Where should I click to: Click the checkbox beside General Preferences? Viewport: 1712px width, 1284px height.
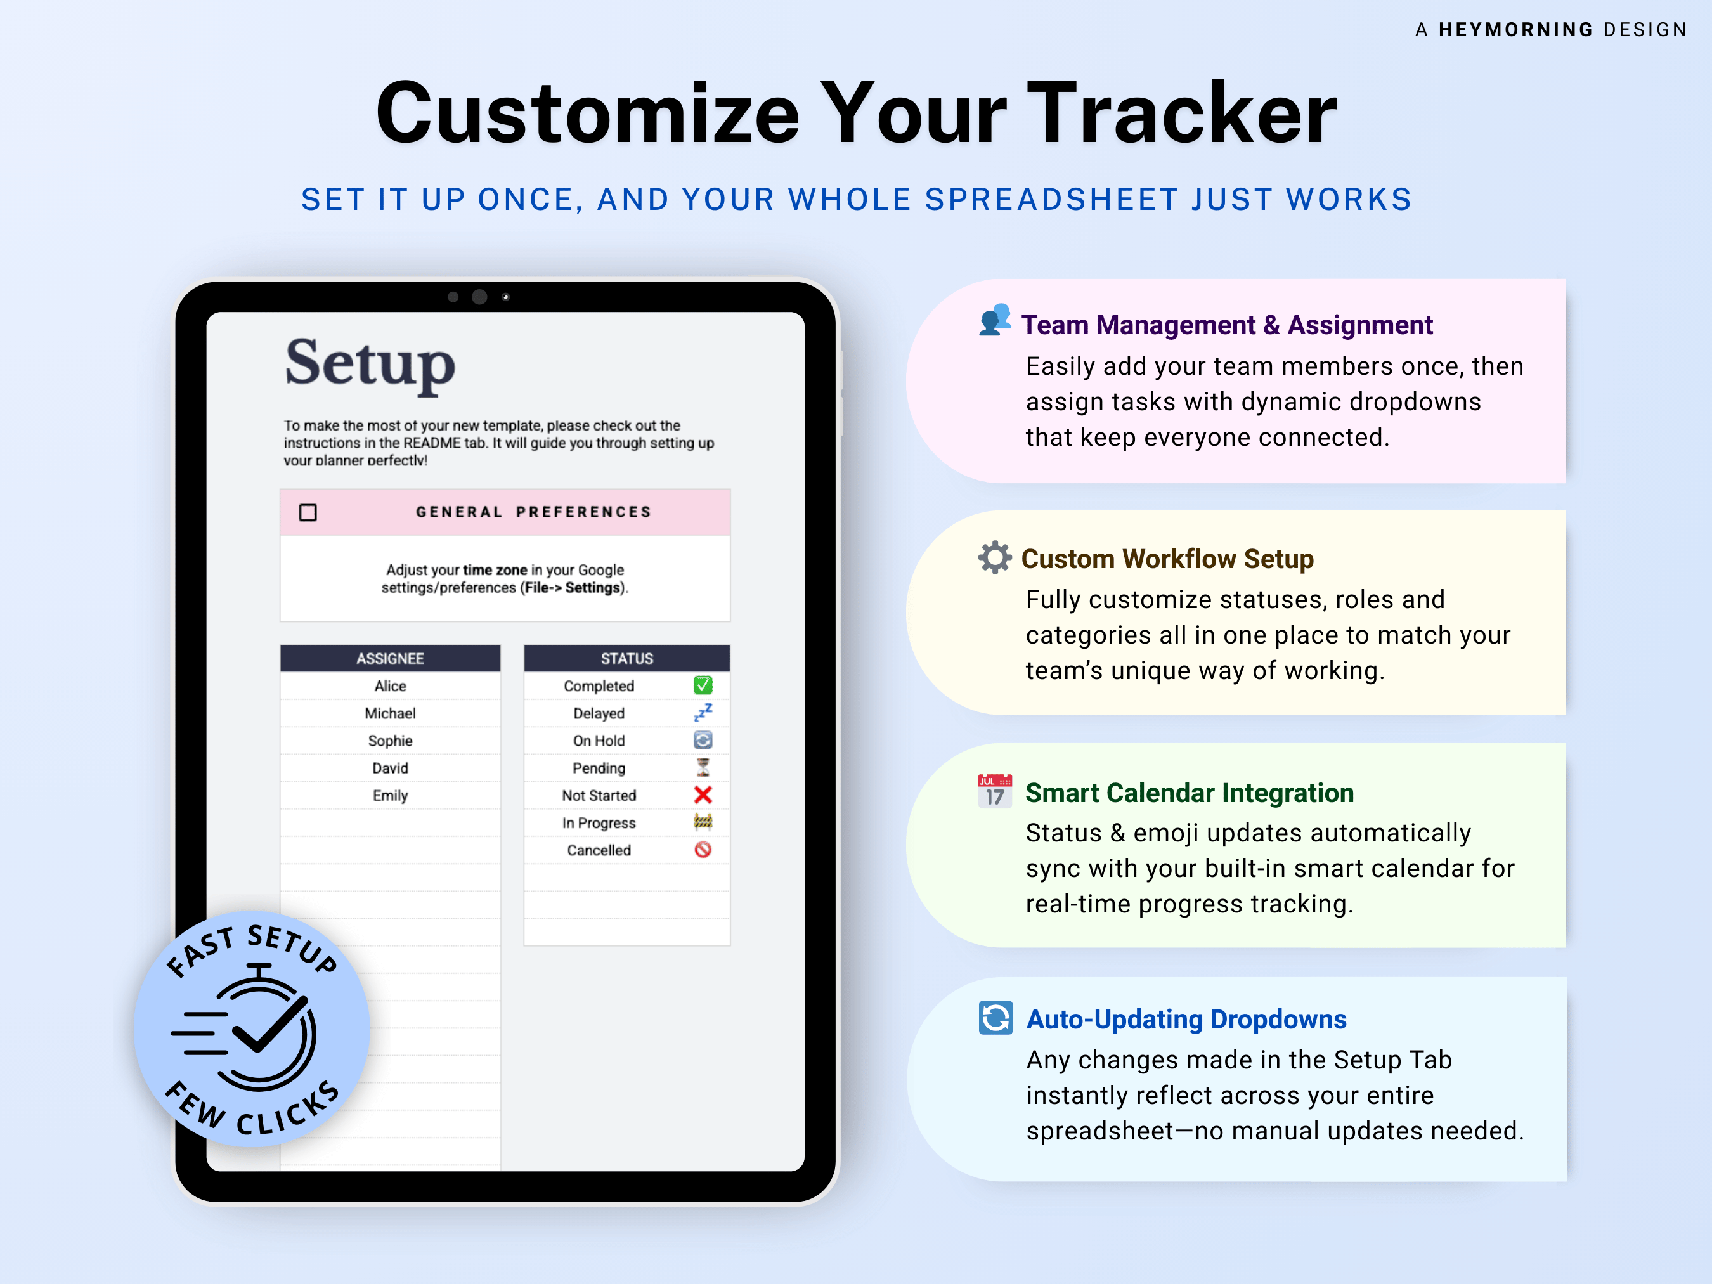click(308, 512)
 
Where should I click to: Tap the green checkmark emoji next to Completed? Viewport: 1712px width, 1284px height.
click(703, 685)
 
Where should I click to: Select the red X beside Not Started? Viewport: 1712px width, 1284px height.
click(703, 795)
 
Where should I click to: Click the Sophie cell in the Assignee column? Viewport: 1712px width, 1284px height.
click(390, 741)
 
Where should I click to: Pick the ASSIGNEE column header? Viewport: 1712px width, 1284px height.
click(390, 659)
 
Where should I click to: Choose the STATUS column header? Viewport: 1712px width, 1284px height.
click(627, 659)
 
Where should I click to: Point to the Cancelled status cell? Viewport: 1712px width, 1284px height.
click(599, 850)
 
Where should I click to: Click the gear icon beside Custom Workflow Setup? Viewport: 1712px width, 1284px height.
click(994, 557)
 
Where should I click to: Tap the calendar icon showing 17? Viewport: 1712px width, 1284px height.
click(994, 791)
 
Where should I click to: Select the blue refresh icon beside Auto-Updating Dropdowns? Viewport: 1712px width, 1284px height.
click(995, 1018)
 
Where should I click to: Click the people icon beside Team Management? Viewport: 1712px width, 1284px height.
click(994, 320)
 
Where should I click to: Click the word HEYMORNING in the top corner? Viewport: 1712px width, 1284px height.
click(1516, 29)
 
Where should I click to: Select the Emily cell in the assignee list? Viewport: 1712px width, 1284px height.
click(390, 796)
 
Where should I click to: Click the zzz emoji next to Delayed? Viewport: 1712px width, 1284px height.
click(703, 712)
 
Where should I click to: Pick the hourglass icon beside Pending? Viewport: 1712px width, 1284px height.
click(703, 767)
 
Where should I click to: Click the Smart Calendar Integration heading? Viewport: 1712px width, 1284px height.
click(1190, 793)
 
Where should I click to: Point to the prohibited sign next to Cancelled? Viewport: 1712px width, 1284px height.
click(703, 850)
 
